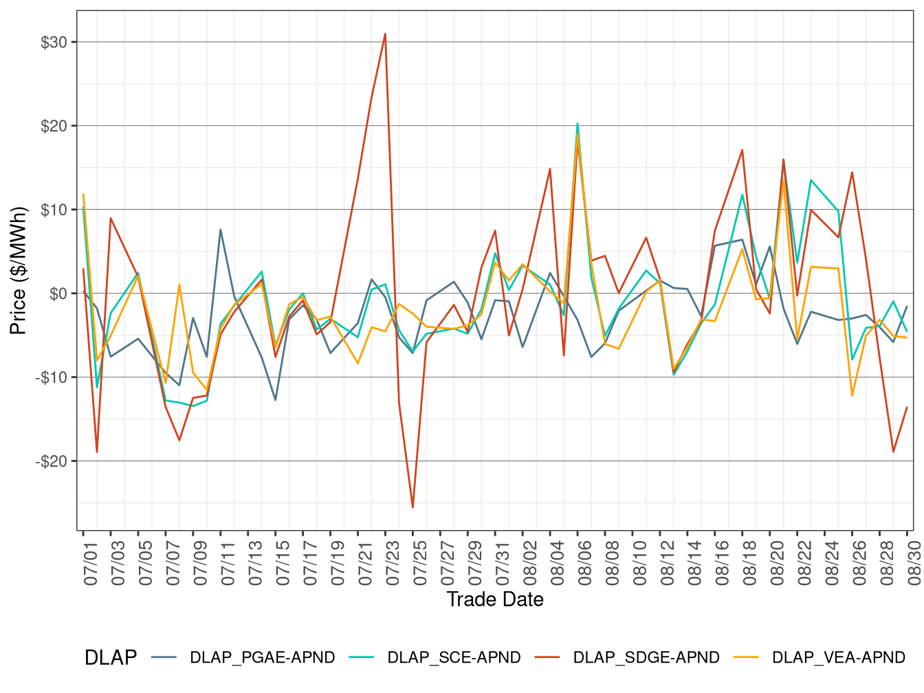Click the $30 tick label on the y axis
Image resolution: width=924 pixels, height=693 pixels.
54,43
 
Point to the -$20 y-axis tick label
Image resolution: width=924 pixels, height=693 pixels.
52,461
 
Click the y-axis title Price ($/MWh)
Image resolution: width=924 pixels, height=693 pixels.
18,270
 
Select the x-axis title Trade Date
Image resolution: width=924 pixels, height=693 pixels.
495,599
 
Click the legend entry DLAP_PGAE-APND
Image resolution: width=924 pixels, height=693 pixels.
262,658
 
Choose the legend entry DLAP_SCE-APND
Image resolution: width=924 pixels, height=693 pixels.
454,658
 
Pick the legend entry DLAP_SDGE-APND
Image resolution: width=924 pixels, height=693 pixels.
646,658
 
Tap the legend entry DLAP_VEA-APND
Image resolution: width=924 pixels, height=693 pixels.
838,658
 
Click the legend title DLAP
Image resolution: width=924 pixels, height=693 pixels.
111,658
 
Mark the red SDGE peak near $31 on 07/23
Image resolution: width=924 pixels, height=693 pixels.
385,34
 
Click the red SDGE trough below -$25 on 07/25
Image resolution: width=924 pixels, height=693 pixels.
412,507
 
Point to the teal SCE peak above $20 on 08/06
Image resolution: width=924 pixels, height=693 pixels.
577,124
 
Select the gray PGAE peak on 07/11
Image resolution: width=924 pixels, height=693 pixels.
220,230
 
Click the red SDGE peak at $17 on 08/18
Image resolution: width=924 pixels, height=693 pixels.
742,150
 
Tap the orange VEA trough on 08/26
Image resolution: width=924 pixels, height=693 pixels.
852,395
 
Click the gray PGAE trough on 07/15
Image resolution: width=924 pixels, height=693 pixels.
275,400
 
